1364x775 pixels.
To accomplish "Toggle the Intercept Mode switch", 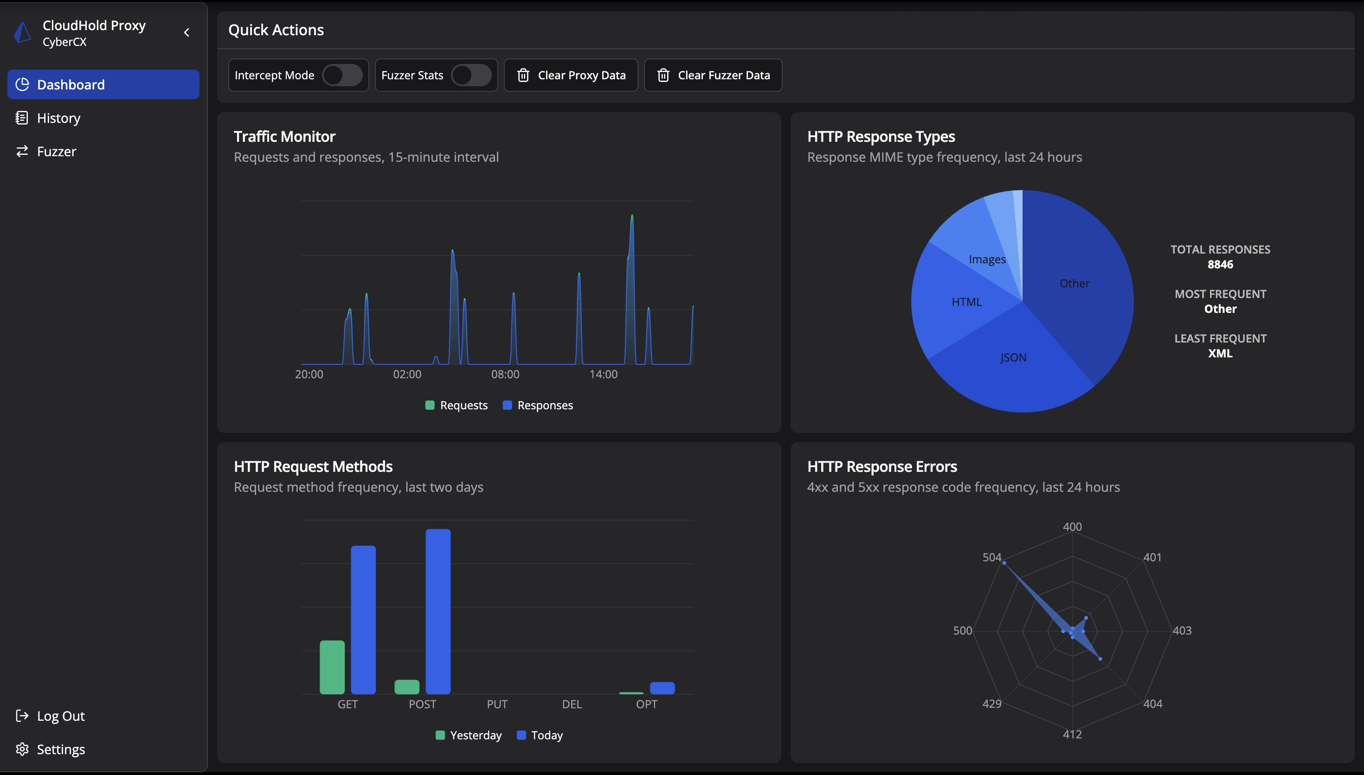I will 342,75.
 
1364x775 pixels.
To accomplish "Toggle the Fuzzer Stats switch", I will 471,75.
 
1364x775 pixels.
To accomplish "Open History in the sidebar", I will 58,118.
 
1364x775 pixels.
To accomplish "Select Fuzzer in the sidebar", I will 57,152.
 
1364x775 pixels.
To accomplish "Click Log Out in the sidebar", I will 60,716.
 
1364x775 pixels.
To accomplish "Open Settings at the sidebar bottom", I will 61,750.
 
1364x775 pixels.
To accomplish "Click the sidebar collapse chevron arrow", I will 187,32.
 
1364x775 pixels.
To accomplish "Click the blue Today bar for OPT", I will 662,688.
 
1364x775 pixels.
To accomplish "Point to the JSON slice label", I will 1012,358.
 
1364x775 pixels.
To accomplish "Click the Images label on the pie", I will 987,259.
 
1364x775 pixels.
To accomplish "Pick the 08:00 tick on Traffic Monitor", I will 505,374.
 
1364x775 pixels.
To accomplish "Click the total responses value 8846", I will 1220,265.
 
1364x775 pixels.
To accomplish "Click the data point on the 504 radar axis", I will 1004,563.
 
